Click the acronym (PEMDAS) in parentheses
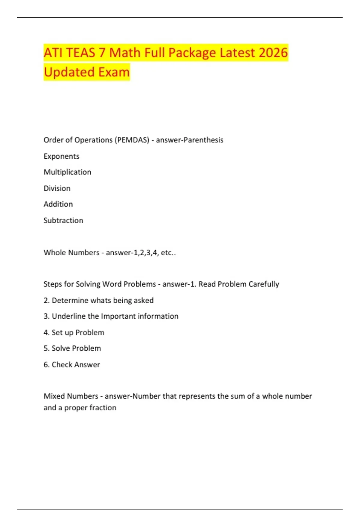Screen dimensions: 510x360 [x=132, y=140]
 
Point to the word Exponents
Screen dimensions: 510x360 [x=61, y=156]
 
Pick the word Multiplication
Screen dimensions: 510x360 [x=67, y=172]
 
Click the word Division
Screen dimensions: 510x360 [x=57, y=188]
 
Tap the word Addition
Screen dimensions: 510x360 [x=58, y=204]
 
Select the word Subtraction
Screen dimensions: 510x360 [x=63, y=220]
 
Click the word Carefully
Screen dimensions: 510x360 [x=264, y=284]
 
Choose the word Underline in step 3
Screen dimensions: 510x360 [x=69, y=316]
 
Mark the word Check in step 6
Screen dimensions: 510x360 [x=62, y=364]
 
